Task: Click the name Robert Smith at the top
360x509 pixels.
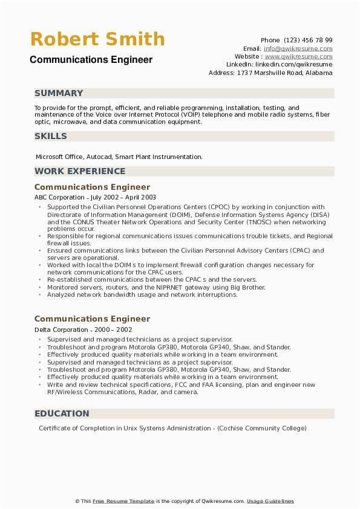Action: pos(97,39)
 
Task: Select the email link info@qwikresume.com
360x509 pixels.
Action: pos(298,48)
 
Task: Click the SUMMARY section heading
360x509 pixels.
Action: pos(59,93)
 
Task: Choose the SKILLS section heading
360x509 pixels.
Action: pos(51,136)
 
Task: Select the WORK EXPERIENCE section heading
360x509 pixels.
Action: pos(80,171)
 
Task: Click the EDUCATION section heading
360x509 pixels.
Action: pos(62,413)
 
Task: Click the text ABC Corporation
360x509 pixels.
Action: pos(59,197)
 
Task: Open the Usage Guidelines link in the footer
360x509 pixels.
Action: pos(270,501)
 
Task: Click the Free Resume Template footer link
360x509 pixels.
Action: pos(123,501)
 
